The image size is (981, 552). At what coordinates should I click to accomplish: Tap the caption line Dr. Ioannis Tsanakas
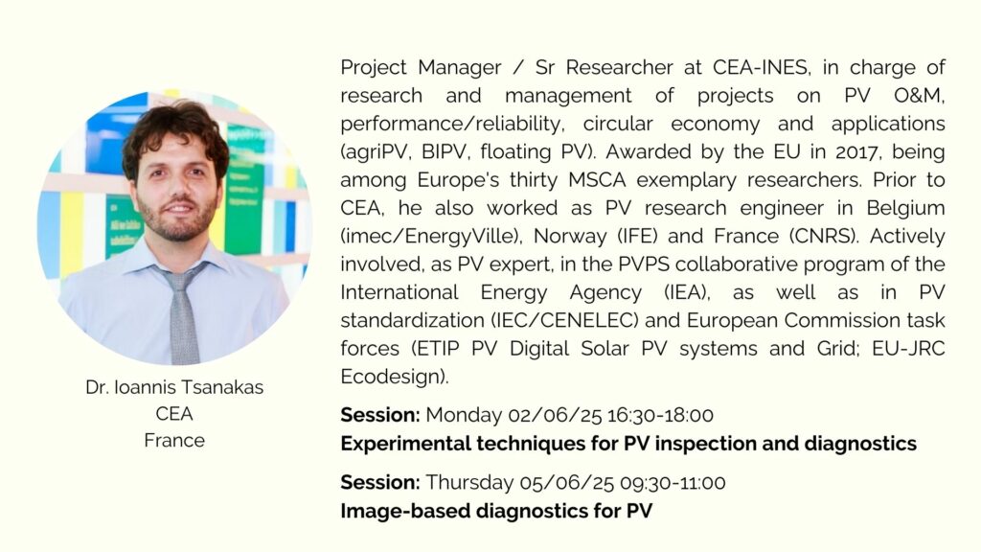tap(174, 387)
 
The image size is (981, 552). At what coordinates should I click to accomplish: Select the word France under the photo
tap(174, 440)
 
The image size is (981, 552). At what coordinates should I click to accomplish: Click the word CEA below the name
tap(174, 414)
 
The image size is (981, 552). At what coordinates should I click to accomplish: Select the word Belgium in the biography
tap(905, 208)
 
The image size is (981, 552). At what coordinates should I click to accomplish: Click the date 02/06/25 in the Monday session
tap(555, 415)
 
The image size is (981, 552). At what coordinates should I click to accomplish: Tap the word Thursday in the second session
tap(469, 483)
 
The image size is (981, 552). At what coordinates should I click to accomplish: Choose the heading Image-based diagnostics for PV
tap(496, 512)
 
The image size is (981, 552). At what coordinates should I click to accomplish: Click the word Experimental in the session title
tap(405, 444)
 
